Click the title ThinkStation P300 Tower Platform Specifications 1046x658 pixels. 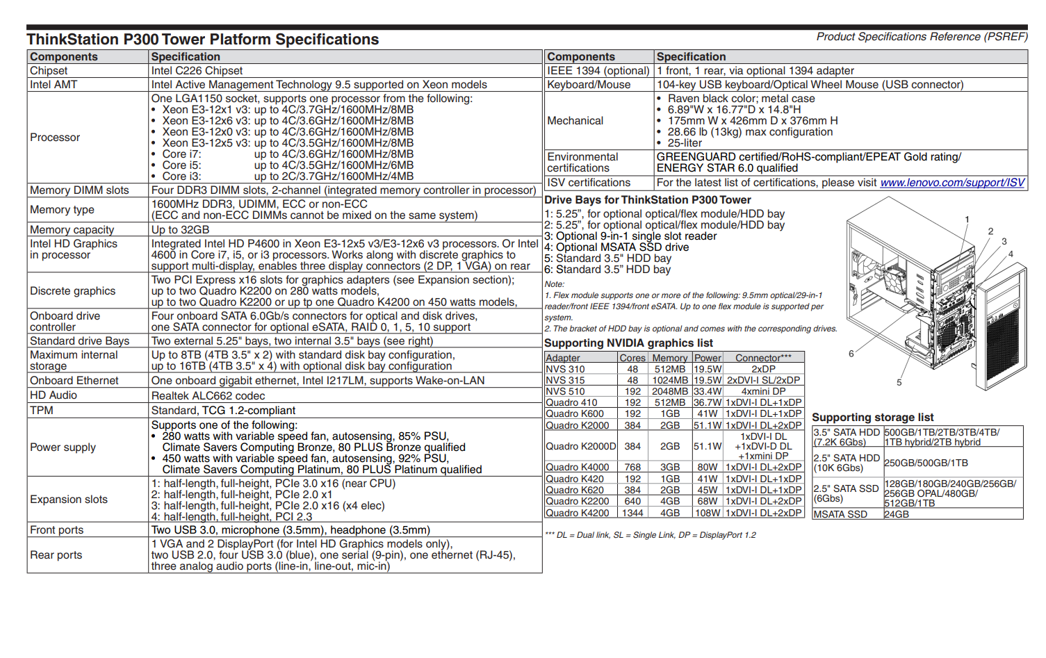pos(203,40)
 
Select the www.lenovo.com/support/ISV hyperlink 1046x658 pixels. pos(952,183)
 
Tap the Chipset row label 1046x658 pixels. pos(49,71)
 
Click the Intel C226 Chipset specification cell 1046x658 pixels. pos(197,71)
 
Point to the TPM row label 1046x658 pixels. pos(42,411)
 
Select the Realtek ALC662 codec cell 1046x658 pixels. pos(208,396)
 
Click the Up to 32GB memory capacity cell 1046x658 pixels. pos(180,230)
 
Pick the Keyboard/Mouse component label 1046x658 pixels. pos(589,85)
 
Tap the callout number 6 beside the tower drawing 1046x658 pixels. pos(851,354)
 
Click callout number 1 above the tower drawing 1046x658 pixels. pos(967,220)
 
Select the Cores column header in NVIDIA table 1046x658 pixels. pos(632,358)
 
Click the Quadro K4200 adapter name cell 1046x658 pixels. pos(577,513)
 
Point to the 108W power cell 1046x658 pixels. pos(708,513)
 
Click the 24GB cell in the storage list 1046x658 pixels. pos(897,515)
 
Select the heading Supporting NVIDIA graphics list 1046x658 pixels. pos(628,343)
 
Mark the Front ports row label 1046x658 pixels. pos(56,530)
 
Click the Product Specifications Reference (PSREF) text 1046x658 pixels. pos(922,37)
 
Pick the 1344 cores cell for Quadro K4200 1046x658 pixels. pos(632,513)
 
